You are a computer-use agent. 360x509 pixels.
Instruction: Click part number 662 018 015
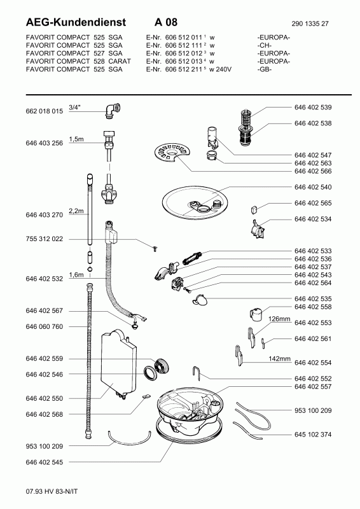click(44, 111)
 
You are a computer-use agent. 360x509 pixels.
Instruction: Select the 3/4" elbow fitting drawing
click(113, 110)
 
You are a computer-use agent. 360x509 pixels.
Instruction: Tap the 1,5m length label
click(76, 139)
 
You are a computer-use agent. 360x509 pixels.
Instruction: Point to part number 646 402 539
click(313, 108)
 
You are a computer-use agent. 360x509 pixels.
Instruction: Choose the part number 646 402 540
click(313, 187)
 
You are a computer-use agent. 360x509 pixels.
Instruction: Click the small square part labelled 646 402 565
click(254, 210)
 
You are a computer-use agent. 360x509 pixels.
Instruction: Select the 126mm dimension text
click(279, 319)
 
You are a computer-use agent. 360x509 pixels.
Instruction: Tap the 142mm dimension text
click(279, 359)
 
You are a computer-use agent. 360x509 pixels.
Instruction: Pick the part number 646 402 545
click(44, 463)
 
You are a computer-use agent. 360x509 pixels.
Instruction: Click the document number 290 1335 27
click(310, 24)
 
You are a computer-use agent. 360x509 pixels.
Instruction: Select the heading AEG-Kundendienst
click(76, 22)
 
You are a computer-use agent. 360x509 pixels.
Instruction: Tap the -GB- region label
click(264, 69)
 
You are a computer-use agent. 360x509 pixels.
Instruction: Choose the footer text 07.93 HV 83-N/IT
click(52, 491)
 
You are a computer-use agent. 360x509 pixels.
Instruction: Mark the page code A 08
click(166, 22)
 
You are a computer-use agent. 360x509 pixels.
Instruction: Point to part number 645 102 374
click(313, 435)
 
